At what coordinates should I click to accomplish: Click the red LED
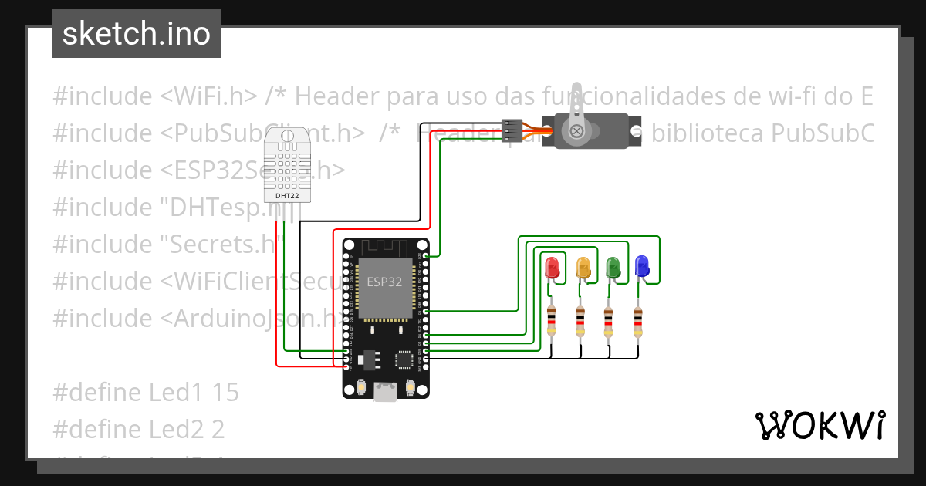552,268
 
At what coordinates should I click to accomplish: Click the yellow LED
583,268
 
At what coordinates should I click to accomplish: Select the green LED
613,267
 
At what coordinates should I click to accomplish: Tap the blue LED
642,267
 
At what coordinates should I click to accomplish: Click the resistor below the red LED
551,321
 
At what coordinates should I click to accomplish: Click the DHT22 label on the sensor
288,196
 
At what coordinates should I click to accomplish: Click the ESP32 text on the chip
384,282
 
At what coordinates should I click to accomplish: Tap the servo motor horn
576,116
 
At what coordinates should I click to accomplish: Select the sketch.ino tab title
137,34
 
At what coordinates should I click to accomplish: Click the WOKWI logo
820,426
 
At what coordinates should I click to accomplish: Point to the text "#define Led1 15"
146,392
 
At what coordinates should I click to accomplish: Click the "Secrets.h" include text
221,245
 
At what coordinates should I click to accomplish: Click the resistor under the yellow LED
580,321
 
